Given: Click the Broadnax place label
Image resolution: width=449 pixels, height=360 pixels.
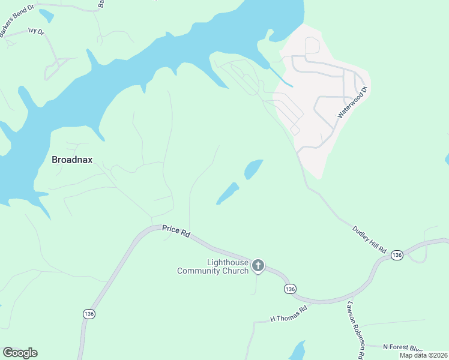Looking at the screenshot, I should tap(75, 160).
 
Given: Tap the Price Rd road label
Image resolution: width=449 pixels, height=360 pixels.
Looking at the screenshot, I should tap(176, 232).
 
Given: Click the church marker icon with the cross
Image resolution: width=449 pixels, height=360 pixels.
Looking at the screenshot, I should tap(258, 265).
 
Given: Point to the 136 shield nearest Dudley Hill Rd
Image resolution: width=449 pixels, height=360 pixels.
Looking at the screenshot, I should tap(396, 256).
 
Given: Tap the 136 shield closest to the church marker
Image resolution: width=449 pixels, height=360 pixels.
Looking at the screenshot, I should tap(291, 289).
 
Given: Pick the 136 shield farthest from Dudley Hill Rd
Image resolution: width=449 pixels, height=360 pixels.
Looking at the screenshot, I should tap(89, 314).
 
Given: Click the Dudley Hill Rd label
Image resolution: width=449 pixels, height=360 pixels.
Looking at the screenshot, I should tap(370, 238).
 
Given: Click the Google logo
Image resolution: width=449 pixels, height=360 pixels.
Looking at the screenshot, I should tap(20, 353).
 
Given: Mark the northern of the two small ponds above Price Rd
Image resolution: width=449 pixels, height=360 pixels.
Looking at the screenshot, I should tap(253, 169).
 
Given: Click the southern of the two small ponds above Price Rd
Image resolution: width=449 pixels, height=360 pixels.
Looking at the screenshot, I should tap(228, 194).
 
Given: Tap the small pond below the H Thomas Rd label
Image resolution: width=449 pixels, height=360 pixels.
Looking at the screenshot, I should tap(297, 350).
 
